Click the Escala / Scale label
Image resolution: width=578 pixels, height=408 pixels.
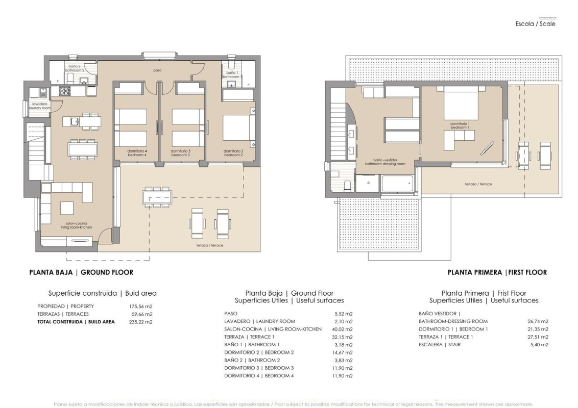tap(536, 24)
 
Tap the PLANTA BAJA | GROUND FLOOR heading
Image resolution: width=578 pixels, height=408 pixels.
tap(81, 273)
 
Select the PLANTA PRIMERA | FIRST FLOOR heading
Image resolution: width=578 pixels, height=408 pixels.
tap(497, 273)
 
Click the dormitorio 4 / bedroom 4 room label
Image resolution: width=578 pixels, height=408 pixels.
tap(137, 152)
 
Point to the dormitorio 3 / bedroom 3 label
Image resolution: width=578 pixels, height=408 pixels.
tap(181, 152)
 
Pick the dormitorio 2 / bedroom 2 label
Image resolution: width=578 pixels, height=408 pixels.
tap(233, 152)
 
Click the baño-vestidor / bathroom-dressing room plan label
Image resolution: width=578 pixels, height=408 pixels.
tap(385, 162)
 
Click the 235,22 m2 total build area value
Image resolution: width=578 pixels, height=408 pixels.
tap(141, 322)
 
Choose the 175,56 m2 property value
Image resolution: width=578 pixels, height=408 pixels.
tap(141, 306)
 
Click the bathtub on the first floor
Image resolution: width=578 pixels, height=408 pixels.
tap(397, 183)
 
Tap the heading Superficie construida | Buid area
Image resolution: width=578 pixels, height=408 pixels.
tap(102, 293)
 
